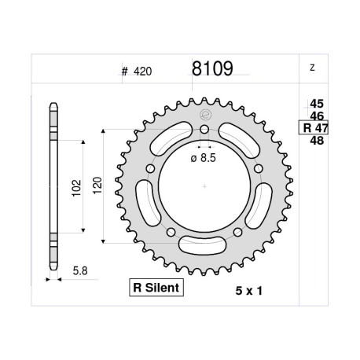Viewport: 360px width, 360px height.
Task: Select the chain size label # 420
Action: tap(137, 71)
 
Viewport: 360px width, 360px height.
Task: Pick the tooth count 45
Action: tap(317, 102)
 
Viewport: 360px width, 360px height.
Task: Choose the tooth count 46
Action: tap(317, 115)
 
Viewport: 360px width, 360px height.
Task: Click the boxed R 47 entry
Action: tap(314, 128)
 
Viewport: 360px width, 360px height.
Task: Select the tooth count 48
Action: tap(317, 141)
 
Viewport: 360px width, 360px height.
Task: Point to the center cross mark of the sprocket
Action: tap(204, 186)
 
